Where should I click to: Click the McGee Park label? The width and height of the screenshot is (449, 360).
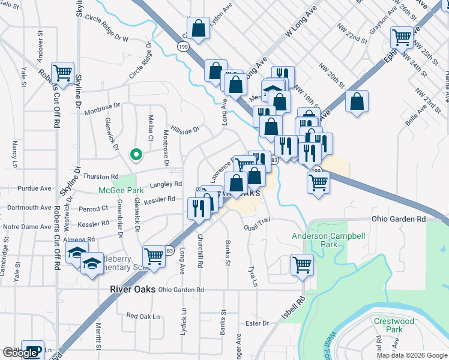point(121,191)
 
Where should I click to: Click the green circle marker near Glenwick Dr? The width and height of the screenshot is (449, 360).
point(136,155)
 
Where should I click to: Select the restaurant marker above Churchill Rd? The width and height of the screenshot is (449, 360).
point(198,208)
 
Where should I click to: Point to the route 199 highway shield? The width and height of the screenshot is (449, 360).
point(182,47)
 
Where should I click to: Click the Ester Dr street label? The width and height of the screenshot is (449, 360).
point(257,323)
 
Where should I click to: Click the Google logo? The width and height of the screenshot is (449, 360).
point(20,353)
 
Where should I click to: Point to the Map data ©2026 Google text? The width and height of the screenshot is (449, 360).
point(411,355)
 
